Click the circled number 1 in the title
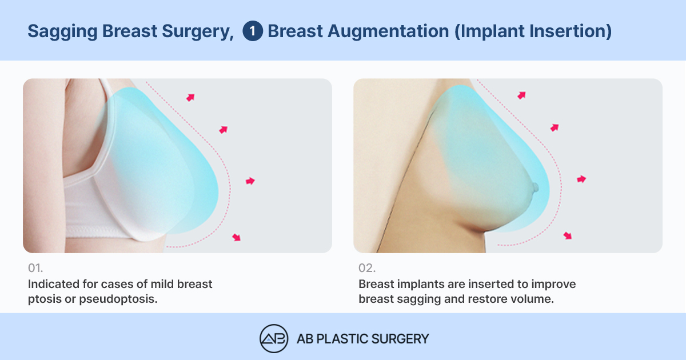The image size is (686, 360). pos(253,31)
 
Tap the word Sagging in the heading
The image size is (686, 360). pos(62,32)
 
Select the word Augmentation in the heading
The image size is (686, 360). pos(388,32)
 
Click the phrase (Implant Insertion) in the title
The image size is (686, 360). pos(533,31)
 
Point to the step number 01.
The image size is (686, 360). pos(35,268)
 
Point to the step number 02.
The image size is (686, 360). pos(367,268)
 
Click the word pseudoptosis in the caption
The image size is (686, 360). pos(118,299)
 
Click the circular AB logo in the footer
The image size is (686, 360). pos(274,338)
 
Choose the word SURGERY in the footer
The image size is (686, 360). pos(400,339)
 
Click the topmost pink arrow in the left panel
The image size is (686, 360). pos(190,97)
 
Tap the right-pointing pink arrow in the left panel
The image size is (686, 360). pos(250,181)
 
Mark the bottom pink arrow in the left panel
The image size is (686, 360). pos(237,237)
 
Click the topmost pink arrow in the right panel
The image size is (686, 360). pos(521,95)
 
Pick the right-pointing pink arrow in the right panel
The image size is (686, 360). pos(581,179)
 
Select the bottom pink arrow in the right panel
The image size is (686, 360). pos(568,235)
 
